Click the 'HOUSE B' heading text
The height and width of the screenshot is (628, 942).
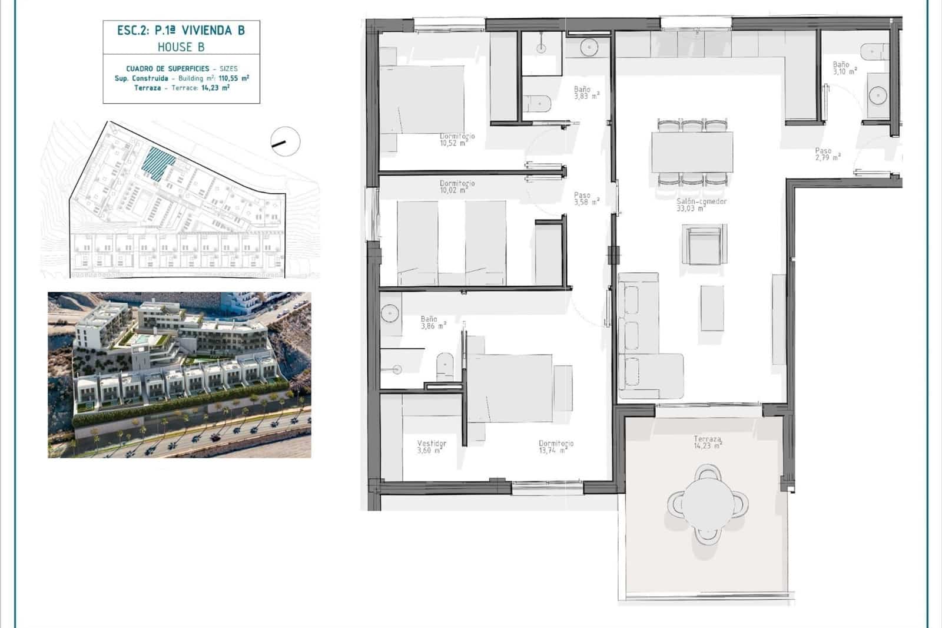[181, 47]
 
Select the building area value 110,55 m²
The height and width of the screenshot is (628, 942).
[234, 78]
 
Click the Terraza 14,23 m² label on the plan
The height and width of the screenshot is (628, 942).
[707, 442]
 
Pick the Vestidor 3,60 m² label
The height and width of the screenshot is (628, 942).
[432, 447]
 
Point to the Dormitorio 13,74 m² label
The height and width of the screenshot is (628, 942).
[556, 447]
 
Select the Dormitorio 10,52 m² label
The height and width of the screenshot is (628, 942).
[457, 139]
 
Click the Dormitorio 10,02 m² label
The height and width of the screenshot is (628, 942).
[457, 187]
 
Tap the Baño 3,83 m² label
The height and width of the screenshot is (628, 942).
[586, 92]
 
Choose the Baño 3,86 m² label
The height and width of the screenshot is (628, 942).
[433, 322]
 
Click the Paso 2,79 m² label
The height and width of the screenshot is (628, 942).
[827, 154]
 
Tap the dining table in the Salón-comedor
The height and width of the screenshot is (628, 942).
[692, 152]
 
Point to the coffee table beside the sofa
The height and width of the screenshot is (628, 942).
[712, 308]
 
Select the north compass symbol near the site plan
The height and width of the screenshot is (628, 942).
[286, 141]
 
